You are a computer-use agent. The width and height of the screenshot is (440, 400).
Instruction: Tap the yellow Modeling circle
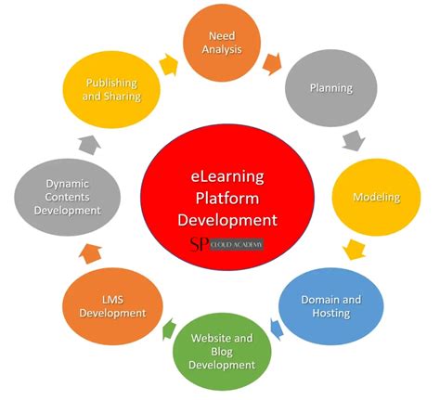click(x=375, y=197)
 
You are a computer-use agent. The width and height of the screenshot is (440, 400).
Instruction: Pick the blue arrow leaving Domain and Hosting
click(x=276, y=327)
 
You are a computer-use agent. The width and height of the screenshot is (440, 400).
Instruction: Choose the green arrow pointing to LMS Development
click(x=169, y=329)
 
